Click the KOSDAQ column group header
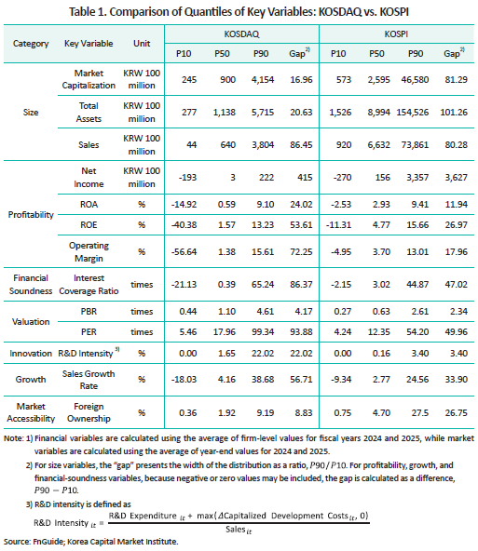point(241,34)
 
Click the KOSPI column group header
point(396,34)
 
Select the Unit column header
point(142,44)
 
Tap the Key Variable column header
point(89,44)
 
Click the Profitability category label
point(31,215)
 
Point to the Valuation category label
point(31,321)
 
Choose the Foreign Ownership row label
point(89,412)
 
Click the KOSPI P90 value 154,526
point(413,113)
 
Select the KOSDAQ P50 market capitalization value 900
point(228,80)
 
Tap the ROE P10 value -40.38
point(184,225)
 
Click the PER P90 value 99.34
point(263,332)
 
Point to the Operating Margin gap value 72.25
point(301,252)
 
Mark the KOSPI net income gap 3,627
point(457,178)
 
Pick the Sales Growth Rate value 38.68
point(263,380)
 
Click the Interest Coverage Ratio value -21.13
point(184,285)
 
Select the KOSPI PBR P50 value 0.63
point(381,312)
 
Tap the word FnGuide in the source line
point(48,542)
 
